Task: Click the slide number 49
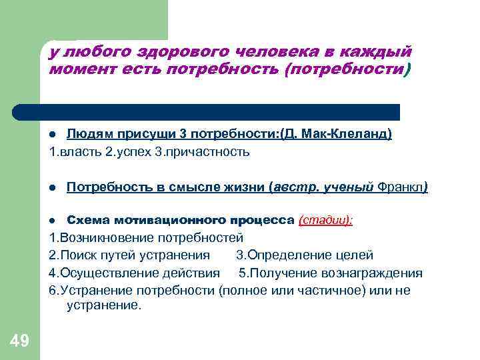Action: [x=20, y=342]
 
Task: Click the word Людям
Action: [x=89, y=134]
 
